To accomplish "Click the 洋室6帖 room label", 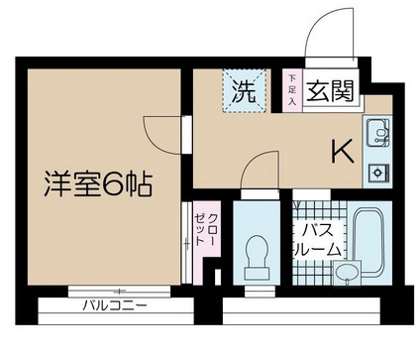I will (96, 184).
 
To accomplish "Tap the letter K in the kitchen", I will (342, 151).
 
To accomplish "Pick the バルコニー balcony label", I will (115, 305).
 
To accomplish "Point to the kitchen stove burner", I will (377, 172).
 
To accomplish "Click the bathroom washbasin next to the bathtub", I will (346, 270).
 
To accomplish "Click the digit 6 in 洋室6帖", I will (111, 184).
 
